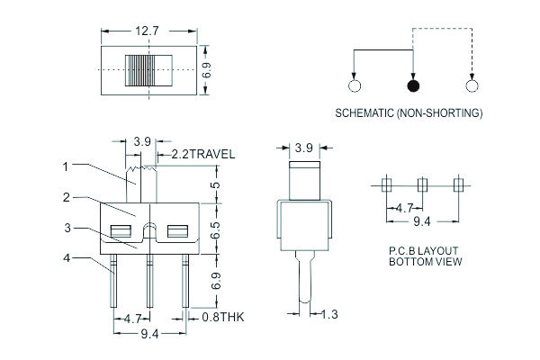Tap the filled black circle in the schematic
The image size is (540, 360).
coord(413,86)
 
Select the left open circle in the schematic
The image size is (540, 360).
coord(354,86)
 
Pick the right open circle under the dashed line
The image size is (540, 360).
coord(471,86)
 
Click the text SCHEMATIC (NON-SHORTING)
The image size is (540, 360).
coord(409,113)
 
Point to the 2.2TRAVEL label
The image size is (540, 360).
coord(202,154)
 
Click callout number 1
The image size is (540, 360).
coord(67,166)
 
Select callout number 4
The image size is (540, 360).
coord(67,258)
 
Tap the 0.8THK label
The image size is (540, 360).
coord(221,318)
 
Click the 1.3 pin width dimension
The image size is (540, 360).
coord(328,313)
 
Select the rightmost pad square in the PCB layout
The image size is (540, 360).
coord(458,184)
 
